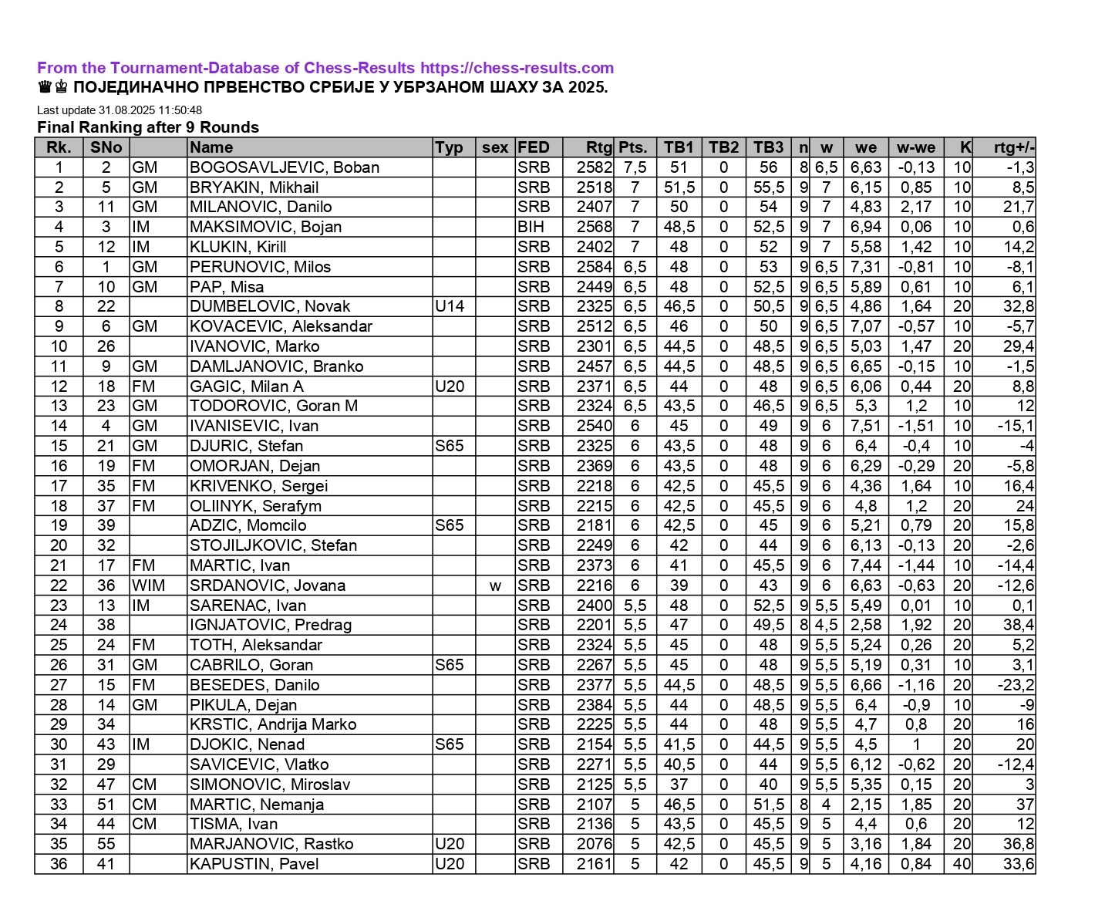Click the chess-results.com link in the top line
pos(517,68)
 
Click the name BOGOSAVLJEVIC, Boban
pos(285,167)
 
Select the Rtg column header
pos(598,147)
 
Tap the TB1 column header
pos(679,147)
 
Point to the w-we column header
pos(915,147)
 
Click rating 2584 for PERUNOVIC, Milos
pos(594,267)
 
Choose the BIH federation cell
pos(531,227)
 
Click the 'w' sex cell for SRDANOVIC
pos(495,585)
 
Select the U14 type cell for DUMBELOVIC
pos(450,306)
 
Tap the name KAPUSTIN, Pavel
pos(254,864)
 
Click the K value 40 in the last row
pos(962,864)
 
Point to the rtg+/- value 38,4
pos(1018,625)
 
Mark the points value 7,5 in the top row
pos(635,167)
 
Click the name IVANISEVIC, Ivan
pos(254,426)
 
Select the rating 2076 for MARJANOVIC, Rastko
pos(594,844)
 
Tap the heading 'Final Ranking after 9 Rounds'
pos(148,127)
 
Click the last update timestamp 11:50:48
pos(178,110)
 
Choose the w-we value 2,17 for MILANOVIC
pos(915,207)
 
